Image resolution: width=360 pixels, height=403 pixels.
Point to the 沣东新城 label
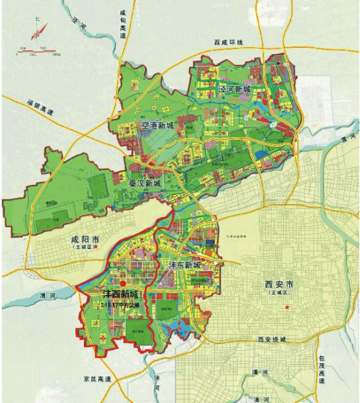coord(185,266)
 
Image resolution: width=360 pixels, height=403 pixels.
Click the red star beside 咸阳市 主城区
coord(96,247)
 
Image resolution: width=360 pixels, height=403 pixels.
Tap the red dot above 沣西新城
coord(123,283)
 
